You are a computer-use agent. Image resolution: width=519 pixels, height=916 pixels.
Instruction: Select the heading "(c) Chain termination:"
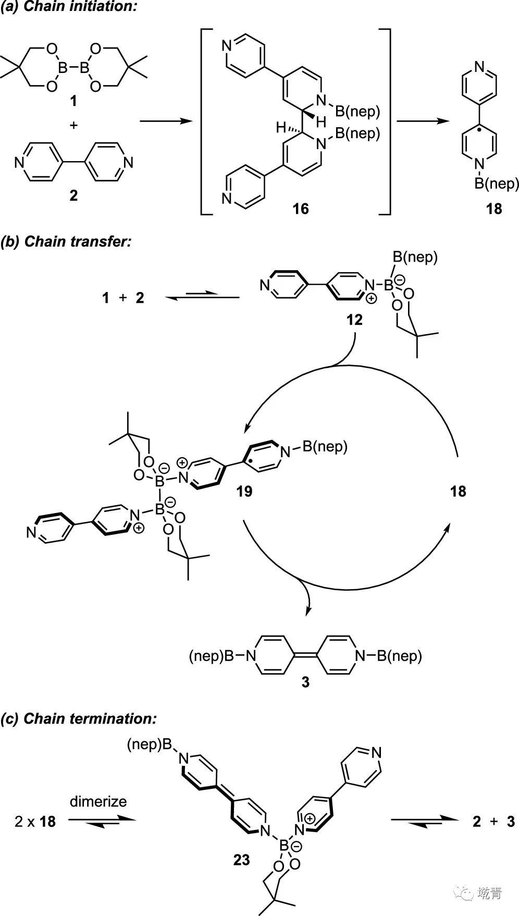point(79,718)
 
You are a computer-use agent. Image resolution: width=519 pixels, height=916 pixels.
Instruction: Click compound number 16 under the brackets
point(301,209)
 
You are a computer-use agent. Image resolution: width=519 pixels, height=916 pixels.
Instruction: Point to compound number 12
point(354,319)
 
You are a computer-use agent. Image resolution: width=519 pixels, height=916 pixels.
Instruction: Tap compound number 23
point(242,859)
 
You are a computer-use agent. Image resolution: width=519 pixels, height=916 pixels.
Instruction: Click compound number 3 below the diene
point(305,681)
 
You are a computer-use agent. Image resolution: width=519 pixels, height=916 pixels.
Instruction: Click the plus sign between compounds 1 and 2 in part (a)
point(73,125)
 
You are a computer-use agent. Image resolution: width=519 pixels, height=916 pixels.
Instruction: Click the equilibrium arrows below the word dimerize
point(101,820)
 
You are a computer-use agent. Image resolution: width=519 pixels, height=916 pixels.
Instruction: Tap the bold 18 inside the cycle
point(458,491)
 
